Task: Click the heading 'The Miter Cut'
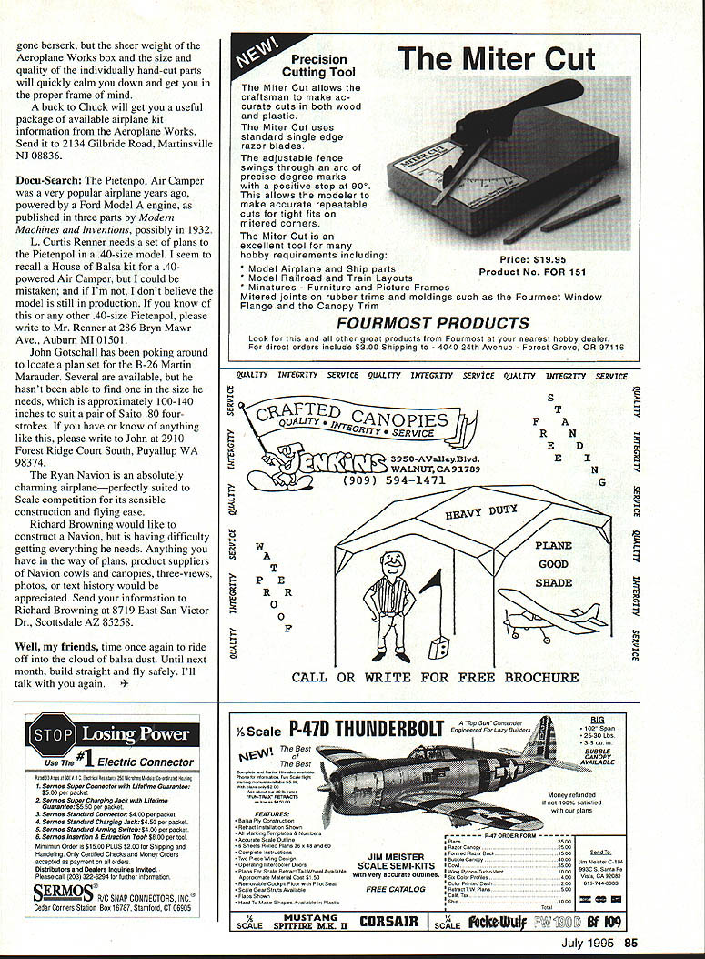(497, 59)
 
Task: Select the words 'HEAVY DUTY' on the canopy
(481, 514)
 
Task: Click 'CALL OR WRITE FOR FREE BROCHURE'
(435, 678)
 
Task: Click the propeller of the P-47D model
(327, 796)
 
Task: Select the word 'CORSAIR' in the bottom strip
(389, 921)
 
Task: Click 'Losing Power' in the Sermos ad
(136, 733)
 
